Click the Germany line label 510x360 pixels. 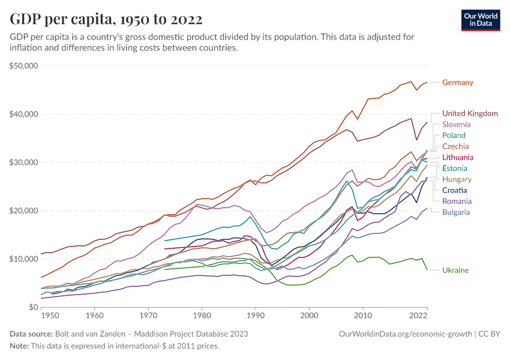coord(458,82)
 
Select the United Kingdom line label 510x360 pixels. coord(470,113)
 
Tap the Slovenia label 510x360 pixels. coord(457,124)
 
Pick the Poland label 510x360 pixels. coord(454,136)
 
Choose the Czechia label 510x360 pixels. coord(455,146)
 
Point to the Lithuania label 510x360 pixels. coord(458,157)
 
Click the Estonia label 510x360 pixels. coord(455,169)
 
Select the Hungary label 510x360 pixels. coord(457,179)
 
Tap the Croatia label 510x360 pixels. coord(455,190)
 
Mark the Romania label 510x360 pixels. coord(457,201)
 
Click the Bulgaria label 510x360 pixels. coord(456,212)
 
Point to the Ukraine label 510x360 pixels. coord(455,270)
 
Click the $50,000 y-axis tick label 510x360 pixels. coord(24,65)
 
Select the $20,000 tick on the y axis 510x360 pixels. coord(24,211)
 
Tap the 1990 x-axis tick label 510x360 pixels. coord(256,315)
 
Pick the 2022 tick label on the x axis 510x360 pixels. coord(418,315)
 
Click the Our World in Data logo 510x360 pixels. coord(480,20)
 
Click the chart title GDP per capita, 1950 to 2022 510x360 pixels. coord(106,19)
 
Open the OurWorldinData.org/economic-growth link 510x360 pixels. coord(406,334)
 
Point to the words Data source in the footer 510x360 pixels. coord(30,334)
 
